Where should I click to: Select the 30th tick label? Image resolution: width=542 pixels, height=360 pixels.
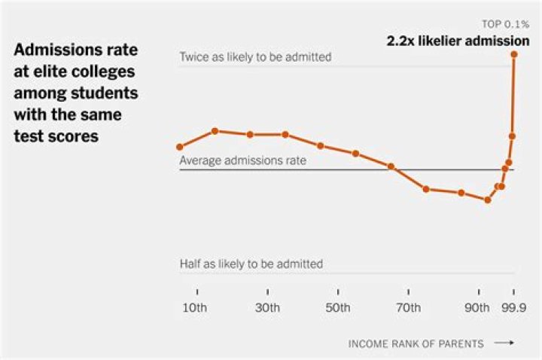coord(267,307)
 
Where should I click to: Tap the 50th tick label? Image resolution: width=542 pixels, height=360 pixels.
coord(338,307)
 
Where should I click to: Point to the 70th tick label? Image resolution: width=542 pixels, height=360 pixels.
coord(408,307)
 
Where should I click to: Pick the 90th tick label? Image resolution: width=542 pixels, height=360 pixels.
coord(477,307)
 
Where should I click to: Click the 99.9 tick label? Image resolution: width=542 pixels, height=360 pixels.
coord(514,307)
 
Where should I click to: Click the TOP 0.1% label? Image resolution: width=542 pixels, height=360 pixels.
coord(506,25)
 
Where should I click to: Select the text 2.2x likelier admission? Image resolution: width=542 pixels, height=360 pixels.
coord(458,41)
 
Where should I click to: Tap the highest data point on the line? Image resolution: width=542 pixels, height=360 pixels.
coord(514,54)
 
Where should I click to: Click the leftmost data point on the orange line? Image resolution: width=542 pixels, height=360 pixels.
coord(179,147)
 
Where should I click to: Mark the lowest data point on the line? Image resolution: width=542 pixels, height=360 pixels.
coord(487,200)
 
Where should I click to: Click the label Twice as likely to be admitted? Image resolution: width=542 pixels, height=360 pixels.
coord(255,57)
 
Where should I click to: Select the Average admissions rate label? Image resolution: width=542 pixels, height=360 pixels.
coord(242,160)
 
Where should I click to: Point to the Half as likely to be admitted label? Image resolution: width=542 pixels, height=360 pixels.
coord(251,264)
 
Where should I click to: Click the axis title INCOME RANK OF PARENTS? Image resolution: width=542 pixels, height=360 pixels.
coord(416,343)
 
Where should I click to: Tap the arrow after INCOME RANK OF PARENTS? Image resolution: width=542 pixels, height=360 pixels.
coord(504,343)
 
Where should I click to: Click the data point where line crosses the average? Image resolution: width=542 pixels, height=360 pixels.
coord(391,166)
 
